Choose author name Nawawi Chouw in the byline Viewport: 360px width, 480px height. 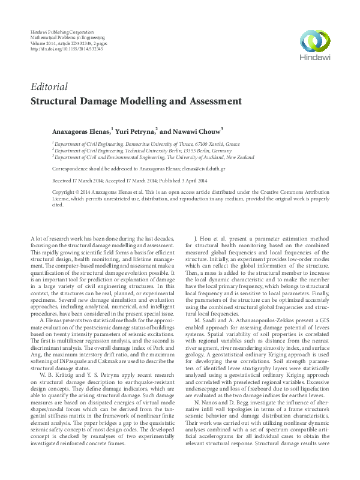[x=197, y=130]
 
